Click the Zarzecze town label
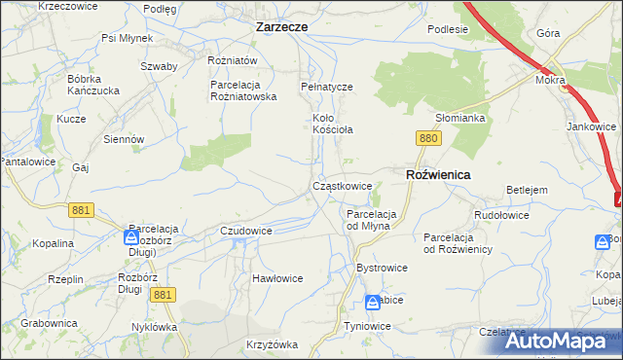tap(281, 27)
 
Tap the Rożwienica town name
tap(437, 174)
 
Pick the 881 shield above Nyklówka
tap(165, 295)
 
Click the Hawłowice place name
tap(277, 278)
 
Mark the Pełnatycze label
tap(326, 87)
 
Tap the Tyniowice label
tap(367, 326)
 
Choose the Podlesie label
tap(448, 29)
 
